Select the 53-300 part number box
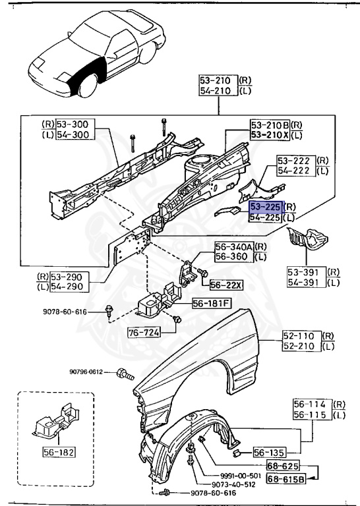pos(76,124)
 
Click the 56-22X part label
pos(227,285)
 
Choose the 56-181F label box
pos(212,304)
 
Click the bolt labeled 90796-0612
pos(124,374)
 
